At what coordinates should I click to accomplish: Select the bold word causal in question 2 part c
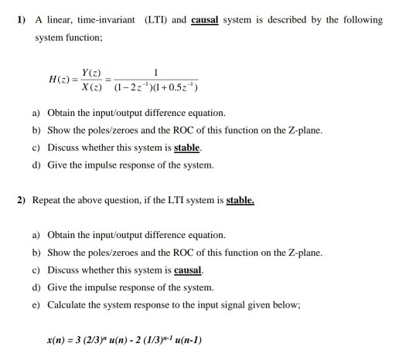point(188,270)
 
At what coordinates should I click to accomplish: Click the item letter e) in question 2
point(36,305)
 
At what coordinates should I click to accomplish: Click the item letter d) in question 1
point(36,164)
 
